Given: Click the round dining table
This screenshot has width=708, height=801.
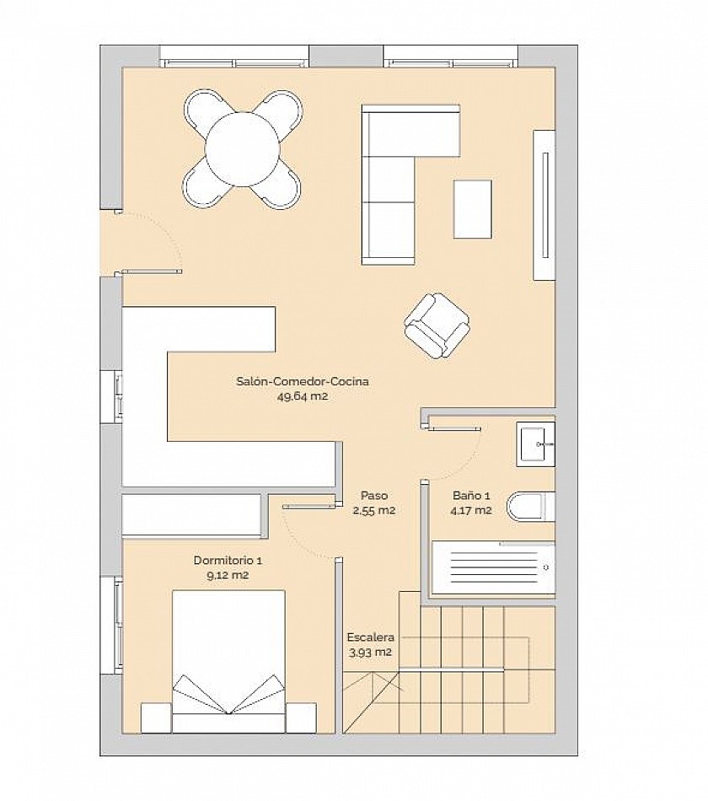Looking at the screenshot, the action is coord(243,149).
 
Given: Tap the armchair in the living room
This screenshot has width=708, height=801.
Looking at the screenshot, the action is coord(437,326).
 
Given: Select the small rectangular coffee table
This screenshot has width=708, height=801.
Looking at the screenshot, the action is coord(473,209).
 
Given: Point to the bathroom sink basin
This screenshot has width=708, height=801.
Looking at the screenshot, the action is coord(535,444).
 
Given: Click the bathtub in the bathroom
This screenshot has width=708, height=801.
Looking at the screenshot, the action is coord(493,567).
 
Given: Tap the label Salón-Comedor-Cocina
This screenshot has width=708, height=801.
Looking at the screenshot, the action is coord(303,381).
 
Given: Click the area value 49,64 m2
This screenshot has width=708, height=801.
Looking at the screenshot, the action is coord(303,396).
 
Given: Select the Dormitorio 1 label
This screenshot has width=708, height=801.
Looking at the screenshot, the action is coord(228,561).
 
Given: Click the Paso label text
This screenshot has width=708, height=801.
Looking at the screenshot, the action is coord(374,495).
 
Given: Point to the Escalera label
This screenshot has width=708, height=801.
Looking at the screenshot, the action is coord(370,637).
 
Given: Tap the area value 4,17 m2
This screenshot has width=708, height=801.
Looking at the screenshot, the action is coord(471,510).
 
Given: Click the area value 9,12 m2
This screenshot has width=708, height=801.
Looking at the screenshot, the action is coord(228,575).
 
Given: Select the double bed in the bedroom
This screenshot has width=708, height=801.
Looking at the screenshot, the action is coord(228,662).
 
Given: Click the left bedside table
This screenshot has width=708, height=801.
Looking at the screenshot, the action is coord(156,718).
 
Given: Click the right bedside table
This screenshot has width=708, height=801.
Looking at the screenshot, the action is coord(301,718).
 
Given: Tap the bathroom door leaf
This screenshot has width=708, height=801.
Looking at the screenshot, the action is coord(454,428).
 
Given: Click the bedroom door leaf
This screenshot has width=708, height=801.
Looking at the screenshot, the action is coord(310,506).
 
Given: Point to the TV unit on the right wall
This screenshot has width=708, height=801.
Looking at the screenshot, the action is coord(544,205).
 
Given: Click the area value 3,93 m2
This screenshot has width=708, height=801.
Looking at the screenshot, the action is coord(370,653).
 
